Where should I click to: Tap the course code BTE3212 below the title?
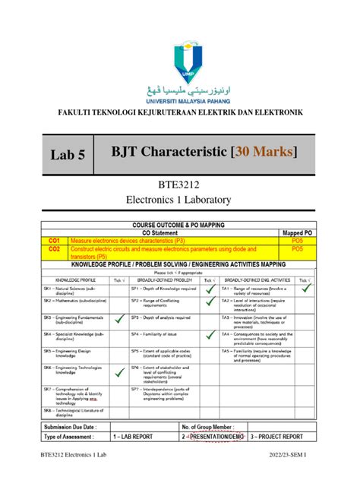click(181, 185)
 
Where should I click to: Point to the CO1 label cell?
click(55, 239)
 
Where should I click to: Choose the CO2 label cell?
click(55, 248)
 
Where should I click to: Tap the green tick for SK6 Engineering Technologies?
click(119, 373)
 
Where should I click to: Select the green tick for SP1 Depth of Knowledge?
click(210, 289)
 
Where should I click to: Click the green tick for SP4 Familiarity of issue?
click(210, 335)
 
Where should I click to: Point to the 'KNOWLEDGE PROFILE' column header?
click(74, 279)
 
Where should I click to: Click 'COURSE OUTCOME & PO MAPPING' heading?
click(180, 225)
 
